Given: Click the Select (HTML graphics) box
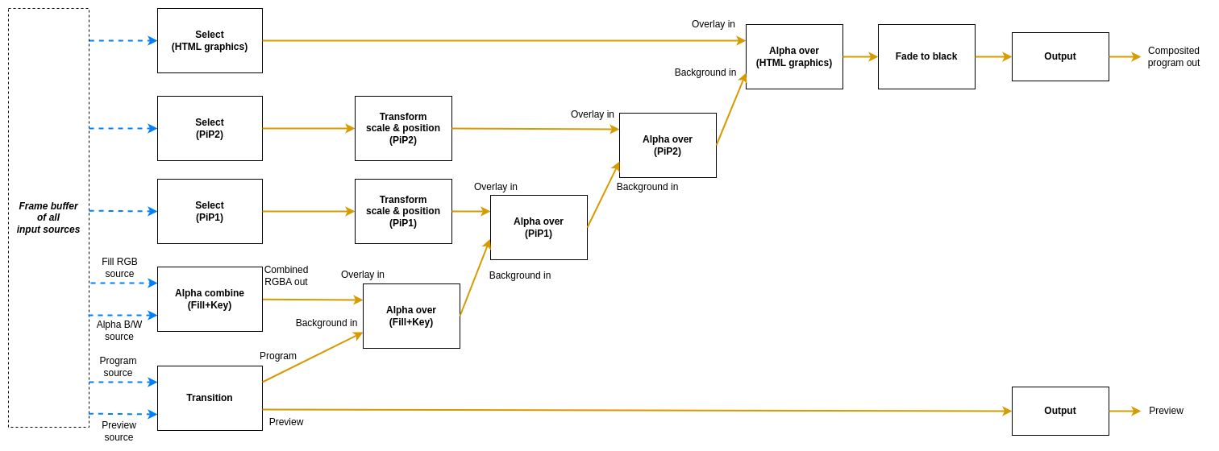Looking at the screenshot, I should (x=210, y=40).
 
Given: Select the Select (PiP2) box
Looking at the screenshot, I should (x=210, y=128).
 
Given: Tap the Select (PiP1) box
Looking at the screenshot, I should (x=210, y=211).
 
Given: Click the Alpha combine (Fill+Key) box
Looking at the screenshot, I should (x=210, y=299).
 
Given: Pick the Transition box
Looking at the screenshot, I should (x=210, y=398).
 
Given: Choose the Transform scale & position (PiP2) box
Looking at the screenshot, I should (x=403, y=128).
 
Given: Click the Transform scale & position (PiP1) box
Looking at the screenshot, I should (x=403, y=211).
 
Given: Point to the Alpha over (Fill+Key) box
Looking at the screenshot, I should (x=411, y=316).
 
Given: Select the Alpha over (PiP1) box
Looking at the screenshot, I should (x=539, y=227).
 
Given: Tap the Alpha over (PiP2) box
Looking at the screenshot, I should (x=668, y=145).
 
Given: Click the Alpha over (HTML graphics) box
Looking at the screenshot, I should (x=794, y=56).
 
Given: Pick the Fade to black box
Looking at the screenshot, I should (x=926, y=56).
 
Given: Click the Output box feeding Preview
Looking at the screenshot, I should (x=1060, y=411).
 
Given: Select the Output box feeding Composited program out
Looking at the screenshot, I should (x=1060, y=56).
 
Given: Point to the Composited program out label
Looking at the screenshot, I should (x=1173, y=56).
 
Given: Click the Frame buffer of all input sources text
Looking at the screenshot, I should (x=48, y=217).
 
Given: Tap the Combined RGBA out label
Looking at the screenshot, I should (x=286, y=275).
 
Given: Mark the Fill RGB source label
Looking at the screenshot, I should (x=119, y=267).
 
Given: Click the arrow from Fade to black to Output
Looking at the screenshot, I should (x=993, y=56).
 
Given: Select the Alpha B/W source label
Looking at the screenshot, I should (x=119, y=330).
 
